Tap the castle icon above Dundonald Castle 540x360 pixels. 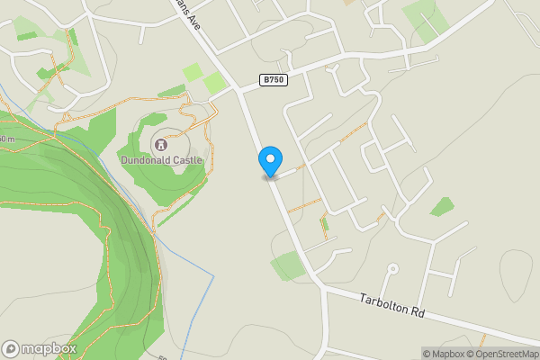click(x=163, y=143)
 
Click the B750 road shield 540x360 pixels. click(x=274, y=80)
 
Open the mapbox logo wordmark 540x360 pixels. click(x=49, y=348)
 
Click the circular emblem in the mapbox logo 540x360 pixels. click(x=11, y=348)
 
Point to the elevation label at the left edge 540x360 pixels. click(x=7, y=139)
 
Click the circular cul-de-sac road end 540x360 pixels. click(x=392, y=269)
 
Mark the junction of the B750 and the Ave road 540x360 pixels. click(x=236, y=88)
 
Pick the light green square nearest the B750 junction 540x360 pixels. click(x=215, y=83)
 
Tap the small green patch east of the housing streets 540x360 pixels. click(x=442, y=207)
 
